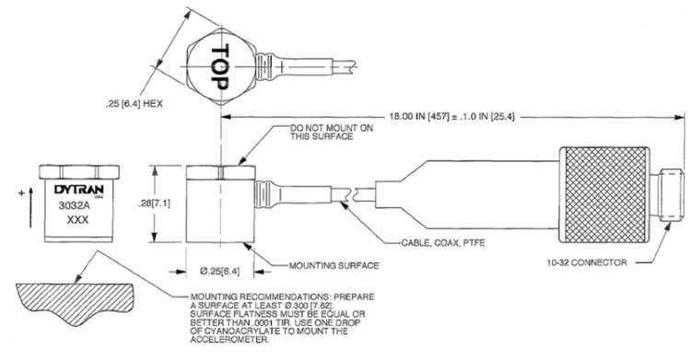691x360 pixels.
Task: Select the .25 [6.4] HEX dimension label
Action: (x=134, y=104)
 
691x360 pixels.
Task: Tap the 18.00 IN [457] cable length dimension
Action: (x=451, y=117)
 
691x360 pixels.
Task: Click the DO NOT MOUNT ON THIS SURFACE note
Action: (x=332, y=133)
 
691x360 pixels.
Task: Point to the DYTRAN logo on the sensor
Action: (x=79, y=190)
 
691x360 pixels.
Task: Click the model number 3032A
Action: (x=71, y=205)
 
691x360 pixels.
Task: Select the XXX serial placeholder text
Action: (x=77, y=219)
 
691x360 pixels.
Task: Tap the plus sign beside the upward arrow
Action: (x=21, y=193)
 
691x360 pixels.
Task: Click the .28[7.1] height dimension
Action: (x=154, y=203)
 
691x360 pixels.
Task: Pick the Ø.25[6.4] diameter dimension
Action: (x=220, y=272)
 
